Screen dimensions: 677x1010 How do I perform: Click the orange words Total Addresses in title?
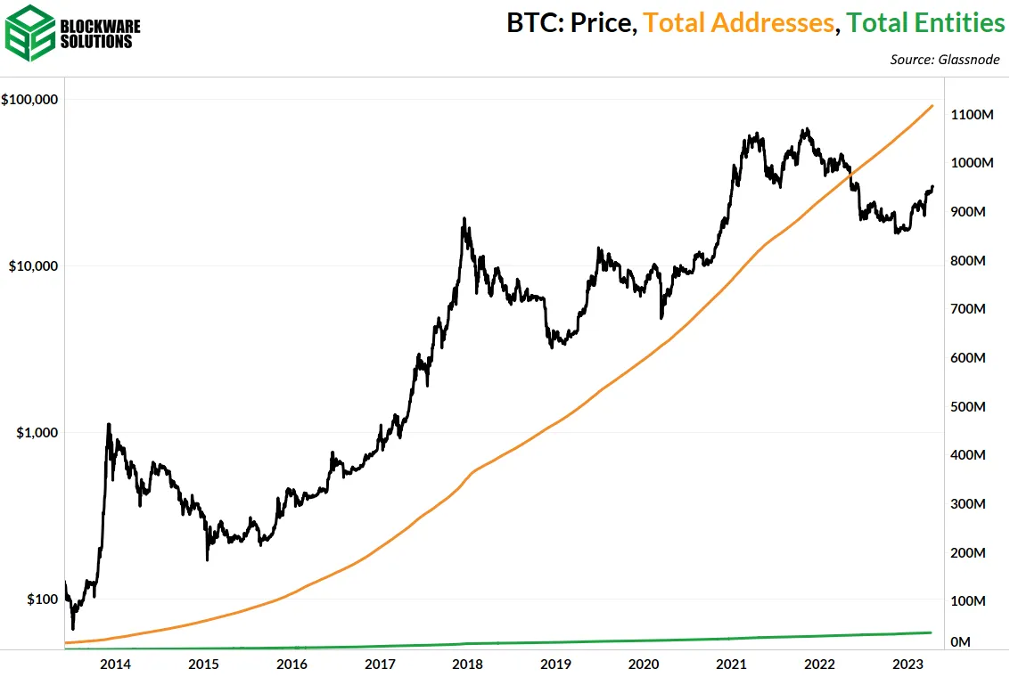pyautogui.click(x=739, y=23)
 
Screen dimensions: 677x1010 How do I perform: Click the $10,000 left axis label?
pyautogui.click(x=33, y=265)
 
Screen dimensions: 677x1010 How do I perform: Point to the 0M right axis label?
pyautogui.click(x=961, y=641)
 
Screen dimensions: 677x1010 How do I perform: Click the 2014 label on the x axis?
pyautogui.click(x=115, y=664)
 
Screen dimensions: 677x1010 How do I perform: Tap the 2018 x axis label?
pyautogui.click(x=467, y=664)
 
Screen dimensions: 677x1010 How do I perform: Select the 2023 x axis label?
pyautogui.click(x=907, y=664)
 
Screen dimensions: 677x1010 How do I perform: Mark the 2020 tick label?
pyautogui.click(x=644, y=664)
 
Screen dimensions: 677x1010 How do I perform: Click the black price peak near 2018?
pyautogui.click(x=464, y=219)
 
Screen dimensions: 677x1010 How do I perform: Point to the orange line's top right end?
pyautogui.click(x=932, y=106)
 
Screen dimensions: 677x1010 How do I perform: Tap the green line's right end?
pyautogui.click(x=932, y=632)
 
